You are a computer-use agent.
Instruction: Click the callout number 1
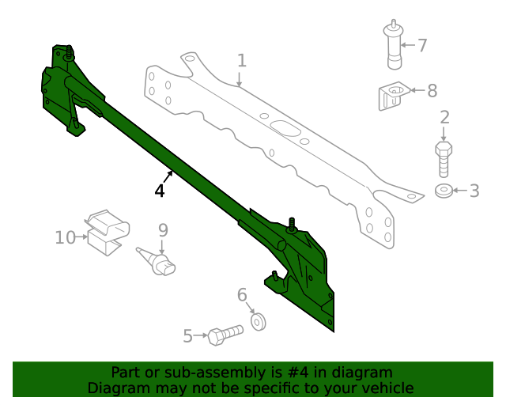[242, 60]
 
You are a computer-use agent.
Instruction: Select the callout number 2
[444, 118]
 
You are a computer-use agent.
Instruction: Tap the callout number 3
[474, 191]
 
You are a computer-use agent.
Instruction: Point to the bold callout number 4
[160, 191]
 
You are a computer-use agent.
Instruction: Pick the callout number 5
[188, 336]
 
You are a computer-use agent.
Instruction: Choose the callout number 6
[243, 295]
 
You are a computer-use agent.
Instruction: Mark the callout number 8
[432, 91]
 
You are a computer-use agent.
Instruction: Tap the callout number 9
[163, 230]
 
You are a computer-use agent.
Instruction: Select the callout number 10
[64, 237]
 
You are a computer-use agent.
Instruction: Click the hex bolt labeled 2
[444, 158]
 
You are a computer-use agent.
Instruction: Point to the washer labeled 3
[445, 191]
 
